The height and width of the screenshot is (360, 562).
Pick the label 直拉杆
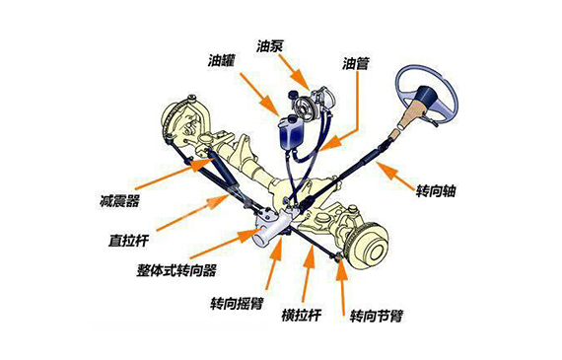130,239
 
